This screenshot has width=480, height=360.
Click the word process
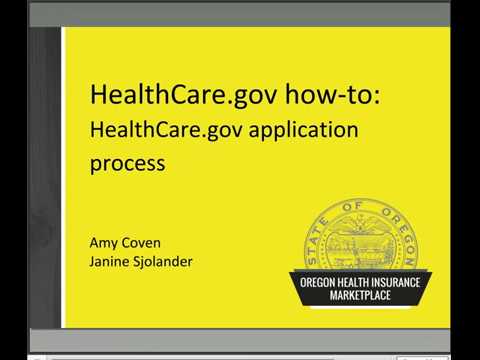tap(127, 163)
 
